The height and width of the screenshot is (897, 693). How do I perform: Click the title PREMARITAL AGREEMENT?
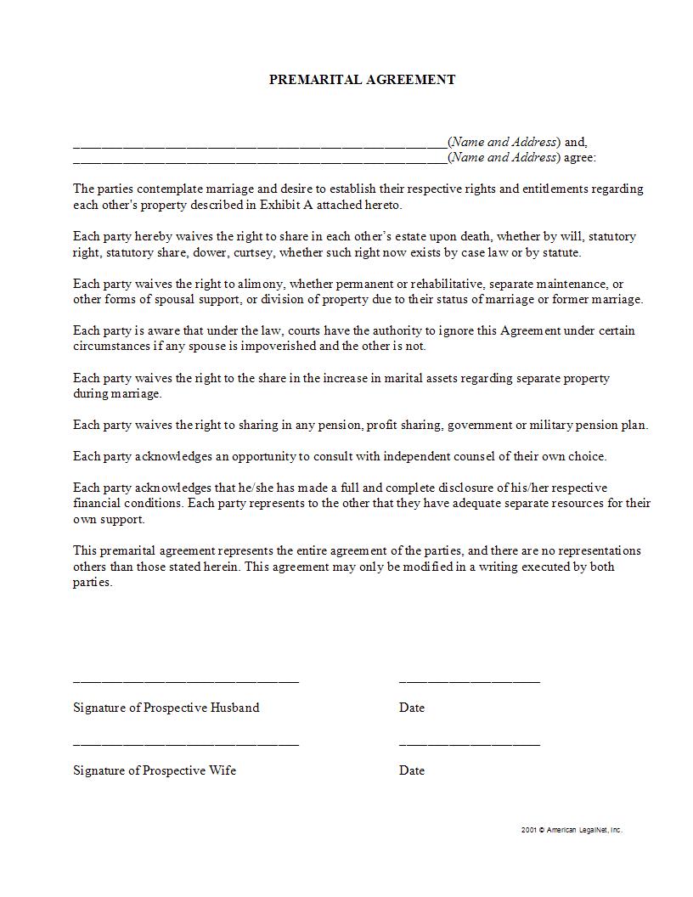(x=362, y=80)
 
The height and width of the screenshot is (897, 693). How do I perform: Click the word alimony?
(x=269, y=284)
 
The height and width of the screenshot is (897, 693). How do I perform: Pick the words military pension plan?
(x=594, y=425)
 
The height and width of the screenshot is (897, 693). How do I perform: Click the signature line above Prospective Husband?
(x=186, y=681)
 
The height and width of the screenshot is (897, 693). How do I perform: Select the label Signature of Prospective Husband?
(x=166, y=708)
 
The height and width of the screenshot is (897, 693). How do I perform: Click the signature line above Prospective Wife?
(x=186, y=744)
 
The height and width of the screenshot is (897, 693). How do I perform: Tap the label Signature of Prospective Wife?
(x=155, y=770)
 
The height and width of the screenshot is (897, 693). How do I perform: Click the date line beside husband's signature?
(x=470, y=681)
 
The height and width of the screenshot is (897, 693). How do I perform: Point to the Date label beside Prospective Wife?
(x=412, y=770)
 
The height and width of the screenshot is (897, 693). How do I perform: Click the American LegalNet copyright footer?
(x=572, y=830)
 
